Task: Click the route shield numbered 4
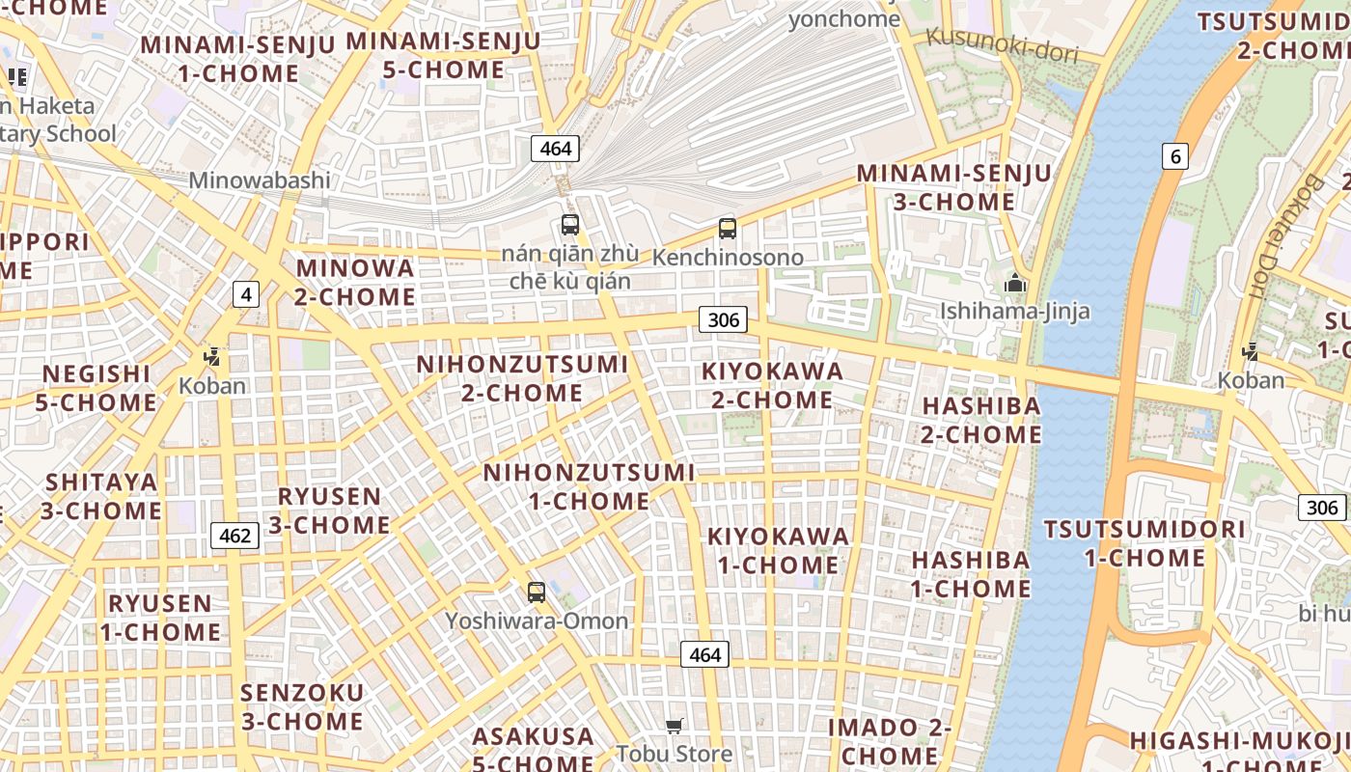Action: tap(246, 294)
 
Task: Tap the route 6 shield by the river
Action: tap(1174, 156)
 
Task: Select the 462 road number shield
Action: tap(235, 536)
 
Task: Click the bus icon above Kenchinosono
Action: tap(728, 229)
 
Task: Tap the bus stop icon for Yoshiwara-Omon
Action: tap(537, 593)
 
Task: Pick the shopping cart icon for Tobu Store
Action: tap(675, 726)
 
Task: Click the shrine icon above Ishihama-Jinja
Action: tap(1014, 284)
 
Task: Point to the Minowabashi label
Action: tap(260, 180)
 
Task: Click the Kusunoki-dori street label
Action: tap(1002, 45)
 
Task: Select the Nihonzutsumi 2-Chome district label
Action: tap(522, 378)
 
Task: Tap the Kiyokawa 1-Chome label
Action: tap(779, 550)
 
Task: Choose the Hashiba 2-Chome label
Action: tap(981, 420)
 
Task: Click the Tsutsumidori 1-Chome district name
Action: tap(1144, 543)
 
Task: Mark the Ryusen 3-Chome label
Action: tap(329, 510)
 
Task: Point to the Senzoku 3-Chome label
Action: tap(302, 706)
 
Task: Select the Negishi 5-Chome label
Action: tap(96, 388)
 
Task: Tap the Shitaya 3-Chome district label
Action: tap(100, 496)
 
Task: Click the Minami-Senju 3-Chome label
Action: tap(954, 187)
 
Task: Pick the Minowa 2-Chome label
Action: tap(355, 282)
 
